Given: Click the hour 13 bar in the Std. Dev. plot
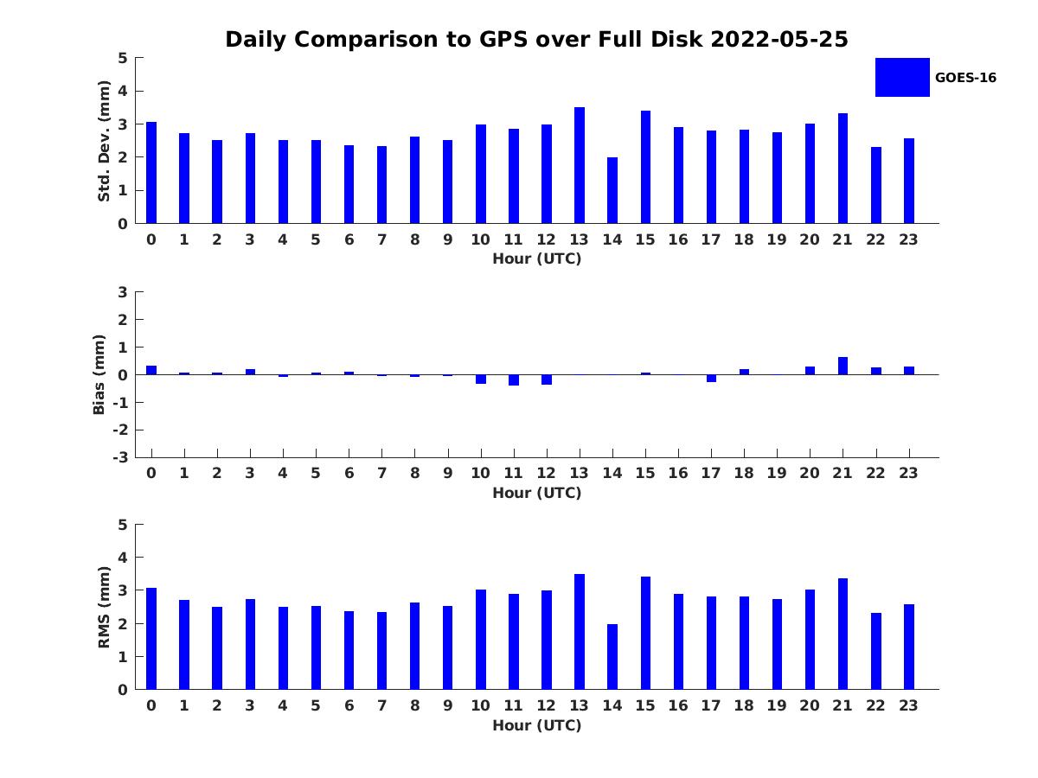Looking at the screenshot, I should [580, 165].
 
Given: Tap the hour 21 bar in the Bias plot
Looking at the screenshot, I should [843, 366].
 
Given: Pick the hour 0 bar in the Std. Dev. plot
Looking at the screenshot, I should [151, 173].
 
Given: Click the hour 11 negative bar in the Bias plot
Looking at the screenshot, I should [514, 379].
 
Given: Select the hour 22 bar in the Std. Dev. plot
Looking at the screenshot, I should [876, 185].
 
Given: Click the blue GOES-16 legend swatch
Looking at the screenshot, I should [902, 77].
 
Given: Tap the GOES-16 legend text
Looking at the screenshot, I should [965, 78].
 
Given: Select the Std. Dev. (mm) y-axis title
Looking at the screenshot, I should [104, 141].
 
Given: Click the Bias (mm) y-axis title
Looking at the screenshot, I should [99, 374].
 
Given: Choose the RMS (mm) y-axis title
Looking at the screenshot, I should [104, 607].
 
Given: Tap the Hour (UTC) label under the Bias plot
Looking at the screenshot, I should [537, 493].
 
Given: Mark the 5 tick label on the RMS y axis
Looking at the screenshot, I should [123, 525].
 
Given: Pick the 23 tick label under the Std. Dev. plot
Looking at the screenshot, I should [909, 240].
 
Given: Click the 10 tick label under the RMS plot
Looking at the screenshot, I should [481, 705].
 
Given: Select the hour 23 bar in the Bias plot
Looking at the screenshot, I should [909, 370].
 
